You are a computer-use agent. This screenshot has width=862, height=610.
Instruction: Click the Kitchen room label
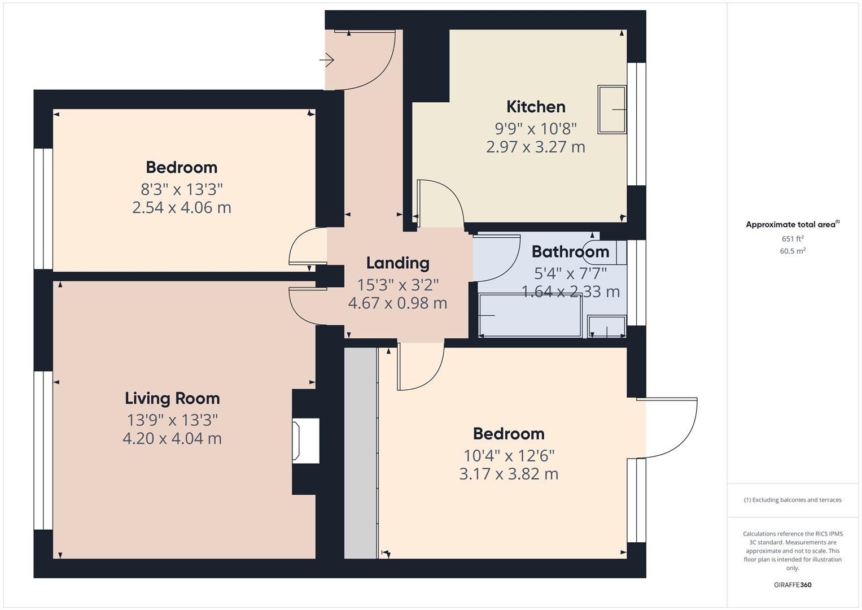click(x=535, y=107)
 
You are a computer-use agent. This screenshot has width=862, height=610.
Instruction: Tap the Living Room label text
click(x=172, y=398)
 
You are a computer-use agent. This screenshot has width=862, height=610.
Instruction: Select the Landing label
click(x=397, y=263)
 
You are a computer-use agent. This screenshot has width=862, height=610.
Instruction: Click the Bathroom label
click(x=570, y=251)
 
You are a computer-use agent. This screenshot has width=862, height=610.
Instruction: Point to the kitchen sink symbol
click(x=612, y=110)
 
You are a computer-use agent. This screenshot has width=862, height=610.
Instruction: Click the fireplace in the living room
click(x=305, y=441)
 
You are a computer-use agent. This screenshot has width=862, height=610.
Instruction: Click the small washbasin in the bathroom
click(x=606, y=326)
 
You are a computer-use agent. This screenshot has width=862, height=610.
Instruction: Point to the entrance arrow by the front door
click(x=327, y=59)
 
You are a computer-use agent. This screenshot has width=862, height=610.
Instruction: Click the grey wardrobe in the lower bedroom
click(x=361, y=452)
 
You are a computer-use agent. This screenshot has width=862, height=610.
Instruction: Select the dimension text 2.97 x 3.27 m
click(x=535, y=147)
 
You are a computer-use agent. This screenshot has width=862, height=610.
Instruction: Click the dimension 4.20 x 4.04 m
click(x=172, y=438)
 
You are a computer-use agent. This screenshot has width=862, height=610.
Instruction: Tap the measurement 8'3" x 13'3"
click(x=182, y=189)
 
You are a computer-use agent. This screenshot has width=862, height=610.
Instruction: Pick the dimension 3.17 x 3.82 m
click(x=509, y=474)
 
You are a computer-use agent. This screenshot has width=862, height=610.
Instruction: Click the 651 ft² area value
click(x=792, y=239)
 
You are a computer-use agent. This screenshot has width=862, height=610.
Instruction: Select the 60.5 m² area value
click(x=792, y=251)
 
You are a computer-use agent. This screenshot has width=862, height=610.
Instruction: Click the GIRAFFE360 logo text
click(x=792, y=585)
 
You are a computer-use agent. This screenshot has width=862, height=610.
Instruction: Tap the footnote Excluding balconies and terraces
click(x=792, y=500)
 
